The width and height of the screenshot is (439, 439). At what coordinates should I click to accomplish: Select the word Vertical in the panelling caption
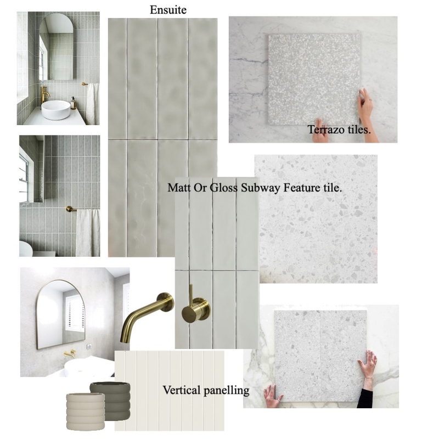(x=180, y=391)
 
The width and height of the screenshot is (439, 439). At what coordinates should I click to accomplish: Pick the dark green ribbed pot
(x=111, y=396)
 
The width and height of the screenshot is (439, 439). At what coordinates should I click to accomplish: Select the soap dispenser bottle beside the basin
(x=72, y=103)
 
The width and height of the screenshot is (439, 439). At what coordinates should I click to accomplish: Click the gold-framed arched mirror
(x=57, y=314)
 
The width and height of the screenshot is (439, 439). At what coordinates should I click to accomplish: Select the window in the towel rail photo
(x=25, y=175)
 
